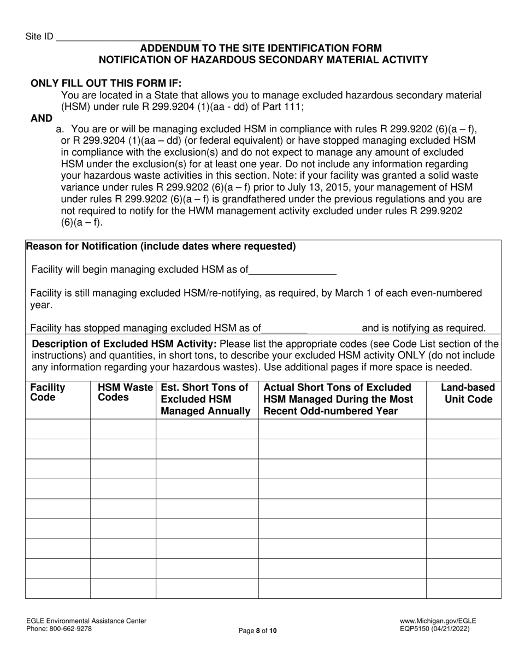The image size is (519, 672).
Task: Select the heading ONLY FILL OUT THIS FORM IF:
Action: tap(106, 83)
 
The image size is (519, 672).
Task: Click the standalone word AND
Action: tap(42, 118)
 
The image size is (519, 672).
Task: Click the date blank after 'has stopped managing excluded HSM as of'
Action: tap(285, 328)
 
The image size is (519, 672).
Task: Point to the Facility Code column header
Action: tap(48, 392)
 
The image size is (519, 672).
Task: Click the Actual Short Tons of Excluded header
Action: tap(337, 387)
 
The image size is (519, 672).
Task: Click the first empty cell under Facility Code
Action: tap(58, 429)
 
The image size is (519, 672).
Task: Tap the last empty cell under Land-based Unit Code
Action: tap(463, 588)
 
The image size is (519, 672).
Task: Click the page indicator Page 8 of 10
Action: tap(258, 631)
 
